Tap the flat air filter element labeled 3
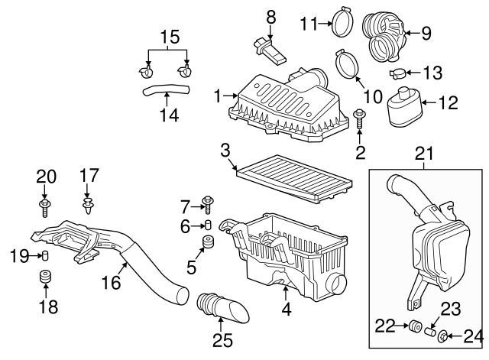click(293, 177)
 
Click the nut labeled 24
click(448, 334)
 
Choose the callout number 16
click(112, 283)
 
